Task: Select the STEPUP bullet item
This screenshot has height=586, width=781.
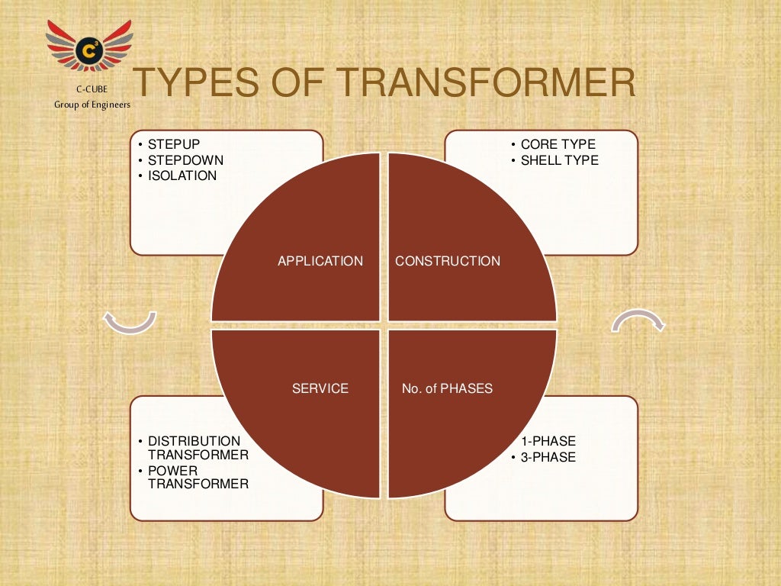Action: pyautogui.click(x=174, y=144)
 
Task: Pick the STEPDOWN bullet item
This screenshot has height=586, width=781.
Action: pyautogui.click(x=185, y=160)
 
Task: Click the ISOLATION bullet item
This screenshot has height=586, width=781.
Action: pyautogui.click(x=182, y=175)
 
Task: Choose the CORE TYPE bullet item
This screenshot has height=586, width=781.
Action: pyautogui.click(x=558, y=144)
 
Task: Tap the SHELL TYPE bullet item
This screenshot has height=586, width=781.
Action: pyautogui.click(x=559, y=160)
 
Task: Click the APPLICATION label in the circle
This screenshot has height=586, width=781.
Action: pyautogui.click(x=320, y=261)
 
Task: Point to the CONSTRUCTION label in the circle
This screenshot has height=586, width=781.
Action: pyautogui.click(x=448, y=261)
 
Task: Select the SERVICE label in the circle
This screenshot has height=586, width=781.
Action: pyautogui.click(x=320, y=388)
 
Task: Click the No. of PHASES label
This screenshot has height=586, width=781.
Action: pyautogui.click(x=447, y=388)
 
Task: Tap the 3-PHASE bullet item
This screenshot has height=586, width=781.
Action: pyautogui.click(x=548, y=457)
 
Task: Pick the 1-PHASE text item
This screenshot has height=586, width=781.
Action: pyautogui.click(x=548, y=441)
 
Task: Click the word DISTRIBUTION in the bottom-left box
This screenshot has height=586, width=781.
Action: pyautogui.click(x=194, y=441)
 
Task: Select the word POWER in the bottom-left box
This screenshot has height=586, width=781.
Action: pyautogui.click(x=172, y=470)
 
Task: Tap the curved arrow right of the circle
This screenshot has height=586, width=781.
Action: pyautogui.click(x=638, y=320)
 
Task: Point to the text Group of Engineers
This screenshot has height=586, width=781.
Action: pyautogui.click(x=92, y=105)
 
